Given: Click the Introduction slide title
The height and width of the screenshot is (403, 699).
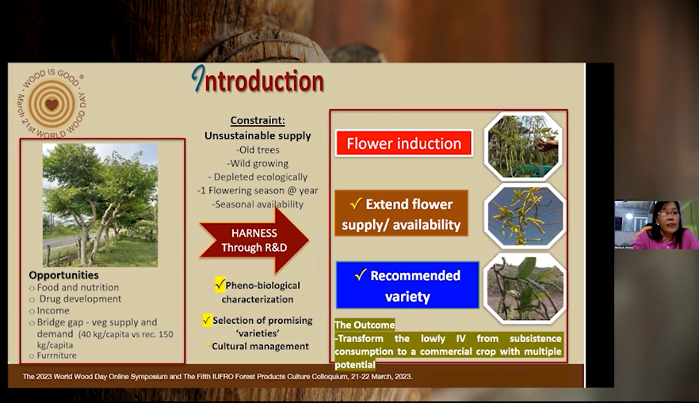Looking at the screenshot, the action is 258,80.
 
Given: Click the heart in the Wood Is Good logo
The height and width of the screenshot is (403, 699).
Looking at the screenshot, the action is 52,105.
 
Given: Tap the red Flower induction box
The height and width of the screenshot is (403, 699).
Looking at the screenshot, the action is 404,143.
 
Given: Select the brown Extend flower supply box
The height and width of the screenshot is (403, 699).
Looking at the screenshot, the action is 401,214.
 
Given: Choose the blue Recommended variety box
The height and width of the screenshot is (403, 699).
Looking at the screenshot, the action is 407,285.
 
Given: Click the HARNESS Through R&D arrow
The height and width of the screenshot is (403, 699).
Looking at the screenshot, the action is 254,240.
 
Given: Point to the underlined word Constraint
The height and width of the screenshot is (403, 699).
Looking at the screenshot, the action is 258,120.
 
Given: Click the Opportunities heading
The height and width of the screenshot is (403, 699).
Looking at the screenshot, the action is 63,275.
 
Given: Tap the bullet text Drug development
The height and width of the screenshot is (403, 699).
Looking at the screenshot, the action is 80,298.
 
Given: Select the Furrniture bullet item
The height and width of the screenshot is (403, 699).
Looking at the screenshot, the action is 56,355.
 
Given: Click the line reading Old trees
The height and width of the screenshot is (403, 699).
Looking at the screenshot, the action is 258,150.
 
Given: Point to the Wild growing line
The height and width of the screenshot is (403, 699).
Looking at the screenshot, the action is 258,163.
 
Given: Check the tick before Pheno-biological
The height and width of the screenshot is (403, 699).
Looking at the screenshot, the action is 220,284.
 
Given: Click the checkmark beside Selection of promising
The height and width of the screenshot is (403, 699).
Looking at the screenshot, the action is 207,320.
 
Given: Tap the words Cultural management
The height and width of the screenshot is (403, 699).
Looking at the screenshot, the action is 260,347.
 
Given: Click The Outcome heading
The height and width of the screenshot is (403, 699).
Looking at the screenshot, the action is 365,325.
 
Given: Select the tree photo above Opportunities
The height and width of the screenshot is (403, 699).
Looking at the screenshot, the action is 101,205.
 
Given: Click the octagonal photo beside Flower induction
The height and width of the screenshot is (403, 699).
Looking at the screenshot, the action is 523,146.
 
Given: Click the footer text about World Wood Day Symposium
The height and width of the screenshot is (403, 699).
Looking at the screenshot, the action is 217,377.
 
